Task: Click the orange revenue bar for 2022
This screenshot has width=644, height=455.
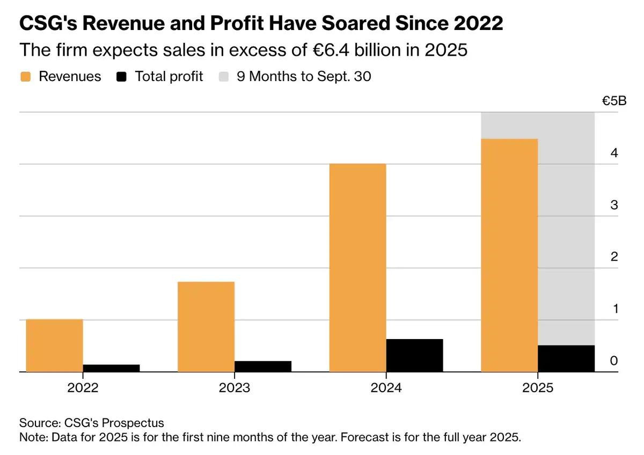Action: [54, 346]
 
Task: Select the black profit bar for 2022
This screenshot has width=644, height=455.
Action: [111, 368]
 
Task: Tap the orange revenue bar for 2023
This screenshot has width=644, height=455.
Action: [206, 327]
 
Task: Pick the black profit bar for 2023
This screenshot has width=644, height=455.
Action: [263, 366]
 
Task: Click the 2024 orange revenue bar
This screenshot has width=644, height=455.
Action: [357, 268]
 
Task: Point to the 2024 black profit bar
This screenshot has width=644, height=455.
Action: [414, 356]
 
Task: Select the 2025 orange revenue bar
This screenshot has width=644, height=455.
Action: [509, 255]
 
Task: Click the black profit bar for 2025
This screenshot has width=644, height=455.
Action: [566, 359]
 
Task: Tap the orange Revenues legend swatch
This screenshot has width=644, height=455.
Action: [26, 77]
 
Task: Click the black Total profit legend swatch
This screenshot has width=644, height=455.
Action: [121, 77]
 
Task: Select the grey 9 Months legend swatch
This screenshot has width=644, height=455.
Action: [224, 77]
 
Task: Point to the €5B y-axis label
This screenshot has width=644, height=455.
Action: [614, 101]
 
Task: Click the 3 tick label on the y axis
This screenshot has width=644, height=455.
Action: [614, 205]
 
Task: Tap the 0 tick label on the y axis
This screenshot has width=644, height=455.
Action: [614, 361]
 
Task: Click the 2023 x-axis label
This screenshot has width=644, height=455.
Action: [235, 388]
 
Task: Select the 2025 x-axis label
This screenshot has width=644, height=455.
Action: [538, 388]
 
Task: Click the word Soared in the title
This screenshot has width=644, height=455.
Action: [356, 23]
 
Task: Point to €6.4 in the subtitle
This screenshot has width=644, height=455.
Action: [331, 50]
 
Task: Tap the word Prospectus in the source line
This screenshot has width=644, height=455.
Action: [133, 423]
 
